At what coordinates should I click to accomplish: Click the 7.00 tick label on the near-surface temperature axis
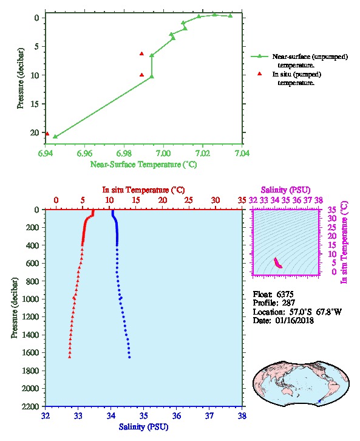163,153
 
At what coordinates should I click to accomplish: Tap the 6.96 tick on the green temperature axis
84,153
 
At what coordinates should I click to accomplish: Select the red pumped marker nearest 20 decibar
47,134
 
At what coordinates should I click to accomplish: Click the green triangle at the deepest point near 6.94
55,137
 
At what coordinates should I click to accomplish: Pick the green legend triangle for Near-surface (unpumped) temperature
259,56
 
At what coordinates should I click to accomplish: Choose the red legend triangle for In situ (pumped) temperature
259,73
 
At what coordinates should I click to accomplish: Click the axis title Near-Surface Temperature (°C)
143,165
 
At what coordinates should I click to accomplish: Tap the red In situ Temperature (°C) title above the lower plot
143,190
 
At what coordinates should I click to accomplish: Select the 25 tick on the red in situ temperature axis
189,200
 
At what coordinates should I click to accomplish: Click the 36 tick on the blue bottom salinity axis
176,415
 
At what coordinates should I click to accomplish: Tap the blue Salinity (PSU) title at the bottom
143,427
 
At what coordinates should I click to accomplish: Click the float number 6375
285,294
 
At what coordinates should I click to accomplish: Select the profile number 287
288,303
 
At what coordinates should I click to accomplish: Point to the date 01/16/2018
294,320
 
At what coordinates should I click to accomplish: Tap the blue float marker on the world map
319,401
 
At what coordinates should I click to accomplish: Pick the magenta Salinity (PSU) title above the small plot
285,190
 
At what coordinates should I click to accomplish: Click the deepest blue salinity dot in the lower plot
129,357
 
